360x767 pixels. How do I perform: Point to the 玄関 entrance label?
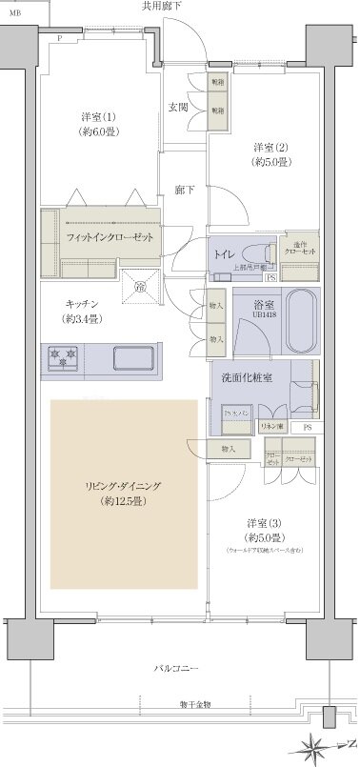pos(178,107)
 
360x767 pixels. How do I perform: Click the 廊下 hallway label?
pos(185,190)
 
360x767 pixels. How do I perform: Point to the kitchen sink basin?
pos(133,359)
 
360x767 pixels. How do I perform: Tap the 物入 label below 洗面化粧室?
pos(228,448)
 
